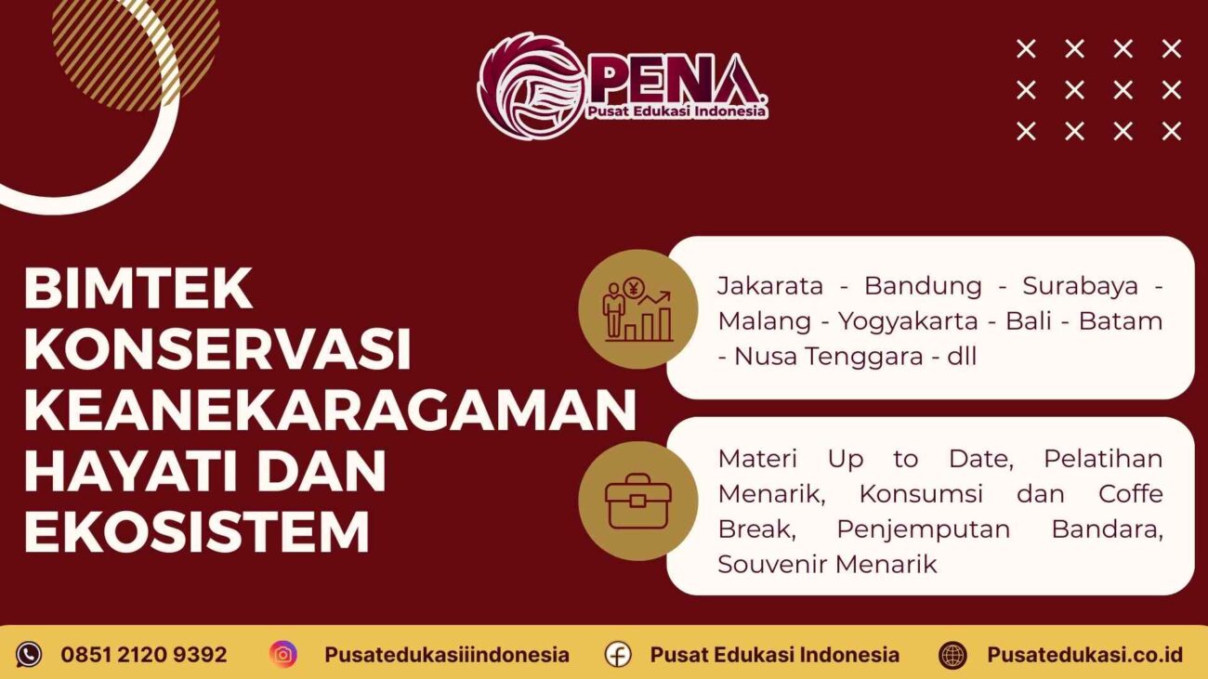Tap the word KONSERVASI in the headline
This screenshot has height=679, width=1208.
217,348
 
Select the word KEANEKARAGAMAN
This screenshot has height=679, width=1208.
330,410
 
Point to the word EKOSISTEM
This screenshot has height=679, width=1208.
197,532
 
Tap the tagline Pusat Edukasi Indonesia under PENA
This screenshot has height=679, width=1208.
676,111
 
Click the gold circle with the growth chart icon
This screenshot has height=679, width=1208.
637,309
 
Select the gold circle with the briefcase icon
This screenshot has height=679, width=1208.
637,501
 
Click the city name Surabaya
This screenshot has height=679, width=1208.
1080,286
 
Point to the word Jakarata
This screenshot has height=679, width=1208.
770,286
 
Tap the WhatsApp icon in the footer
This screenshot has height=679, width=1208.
29,655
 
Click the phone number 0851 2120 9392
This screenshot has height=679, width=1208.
144,655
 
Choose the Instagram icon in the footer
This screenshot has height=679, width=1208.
283,655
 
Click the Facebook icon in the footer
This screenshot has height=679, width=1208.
618,655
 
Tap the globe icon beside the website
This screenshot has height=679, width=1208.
952,655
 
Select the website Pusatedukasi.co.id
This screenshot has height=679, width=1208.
1084,655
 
